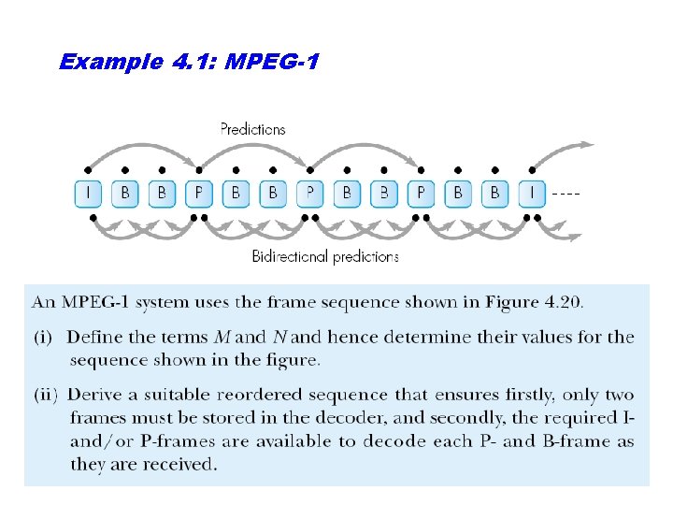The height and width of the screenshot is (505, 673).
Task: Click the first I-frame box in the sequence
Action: [x=88, y=194]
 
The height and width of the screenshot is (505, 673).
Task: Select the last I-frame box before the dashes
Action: [x=532, y=194]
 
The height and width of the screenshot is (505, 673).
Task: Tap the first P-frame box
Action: [x=198, y=194]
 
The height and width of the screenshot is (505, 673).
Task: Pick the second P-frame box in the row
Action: [x=309, y=194]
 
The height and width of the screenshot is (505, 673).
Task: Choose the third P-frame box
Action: [x=421, y=194]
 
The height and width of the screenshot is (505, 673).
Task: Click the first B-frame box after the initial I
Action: [x=125, y=194]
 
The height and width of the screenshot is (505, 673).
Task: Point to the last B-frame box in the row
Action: [x=495, y=194]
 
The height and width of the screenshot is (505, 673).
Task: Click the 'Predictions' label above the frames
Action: [x=252, y=129]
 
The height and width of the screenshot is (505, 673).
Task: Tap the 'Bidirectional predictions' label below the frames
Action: [x=325, y=256]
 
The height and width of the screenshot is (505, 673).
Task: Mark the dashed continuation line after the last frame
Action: [x=566, y=194]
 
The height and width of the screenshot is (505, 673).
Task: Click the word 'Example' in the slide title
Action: [x=111, y=63]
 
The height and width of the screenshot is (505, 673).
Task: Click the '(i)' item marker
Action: [x=45, y=337]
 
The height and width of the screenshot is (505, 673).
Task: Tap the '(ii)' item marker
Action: [x=48, y=395]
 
